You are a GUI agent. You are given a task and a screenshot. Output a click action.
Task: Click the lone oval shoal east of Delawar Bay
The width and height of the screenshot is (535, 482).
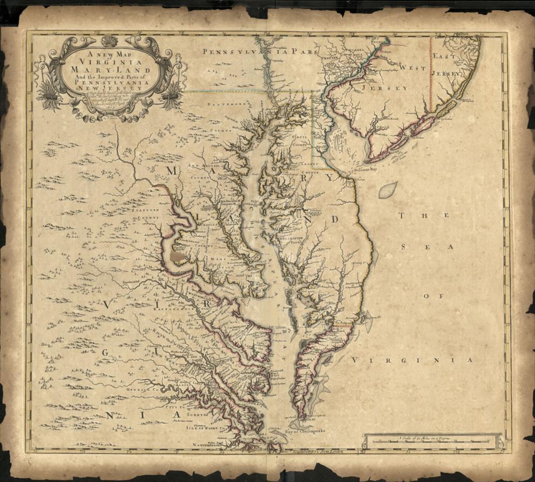387,189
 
